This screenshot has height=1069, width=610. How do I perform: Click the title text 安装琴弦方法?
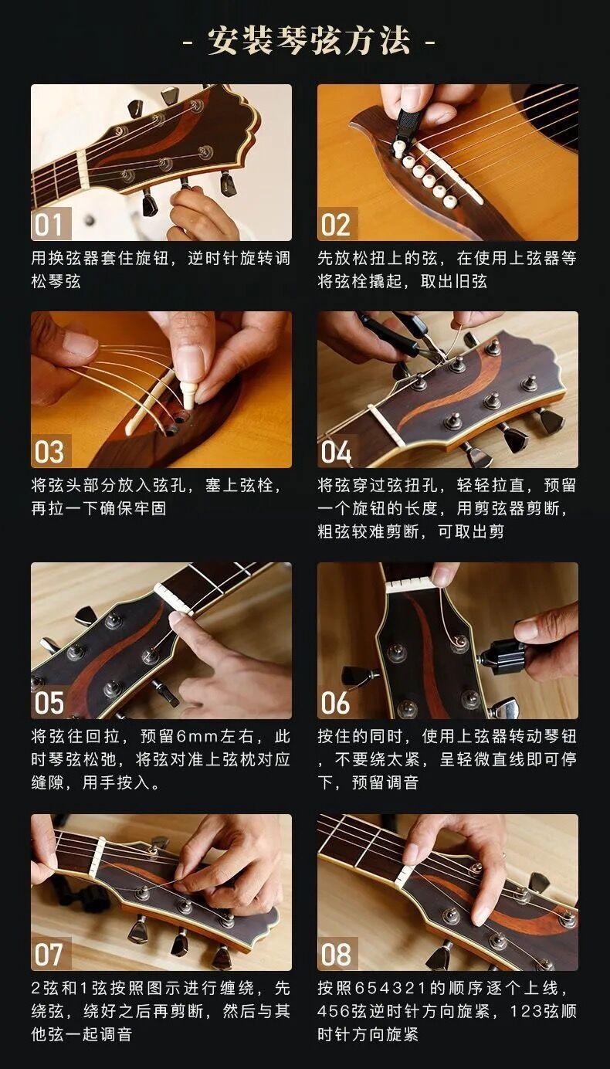(x=309, y=41)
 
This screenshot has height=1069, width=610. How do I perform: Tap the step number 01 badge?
(x=51, y=224)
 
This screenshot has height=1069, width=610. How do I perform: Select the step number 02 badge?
(x=337, y=224)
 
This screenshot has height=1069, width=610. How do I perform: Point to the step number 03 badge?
(x=51, y=451)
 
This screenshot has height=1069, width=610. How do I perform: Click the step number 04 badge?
(x=337, y=451)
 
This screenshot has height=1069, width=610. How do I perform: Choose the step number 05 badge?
(x=51, y=702)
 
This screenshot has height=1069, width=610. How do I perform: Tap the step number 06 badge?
(x=337, y=702)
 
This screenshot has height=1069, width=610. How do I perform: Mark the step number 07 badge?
(x=51, y=954)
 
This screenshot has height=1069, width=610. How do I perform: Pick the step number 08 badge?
(x=337, y=954)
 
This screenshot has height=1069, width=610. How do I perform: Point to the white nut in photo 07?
(x=98, y=855)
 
